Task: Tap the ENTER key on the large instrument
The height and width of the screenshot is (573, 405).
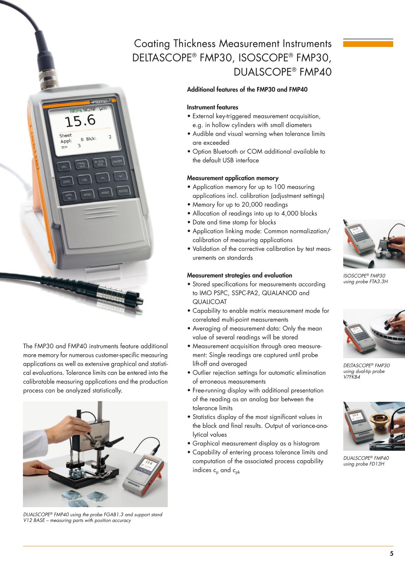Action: coord(123,191)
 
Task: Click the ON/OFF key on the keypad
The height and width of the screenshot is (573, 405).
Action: coord(117,161)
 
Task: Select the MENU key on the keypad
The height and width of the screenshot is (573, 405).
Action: coord(87,195)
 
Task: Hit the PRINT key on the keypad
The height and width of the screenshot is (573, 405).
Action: coord(105,193)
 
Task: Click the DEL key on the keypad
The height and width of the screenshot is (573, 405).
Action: coord(64,167)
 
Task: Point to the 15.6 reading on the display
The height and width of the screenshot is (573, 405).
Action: coord(80,121)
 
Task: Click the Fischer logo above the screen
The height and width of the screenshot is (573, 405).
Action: coord(100,102)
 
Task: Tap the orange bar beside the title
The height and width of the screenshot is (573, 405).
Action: coord(368,44)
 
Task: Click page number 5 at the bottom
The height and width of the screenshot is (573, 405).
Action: coord(391,553)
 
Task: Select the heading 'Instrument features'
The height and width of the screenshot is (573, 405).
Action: coord(213,107)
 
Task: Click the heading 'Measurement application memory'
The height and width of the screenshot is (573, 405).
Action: coord(233,178)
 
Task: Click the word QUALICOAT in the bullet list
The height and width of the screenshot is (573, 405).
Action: coord(209,302)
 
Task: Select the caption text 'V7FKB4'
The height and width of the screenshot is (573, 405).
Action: coord(352,377)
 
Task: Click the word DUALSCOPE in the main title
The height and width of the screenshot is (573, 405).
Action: coord(262,72)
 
